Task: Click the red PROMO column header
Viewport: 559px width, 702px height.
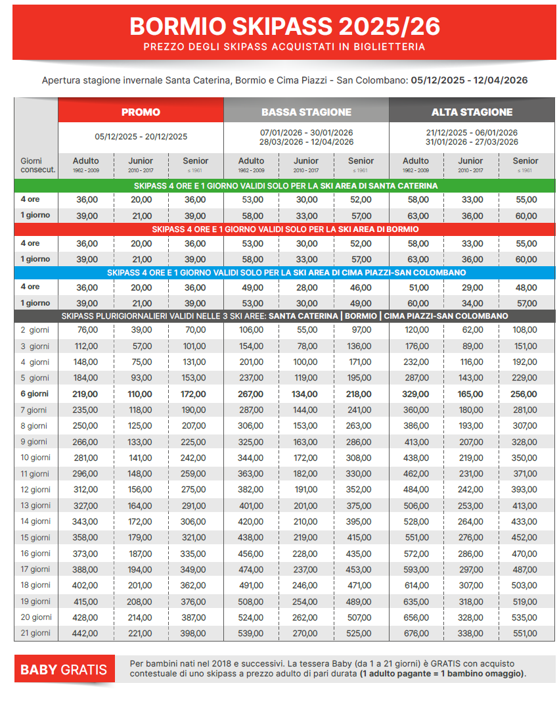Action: (141, 112)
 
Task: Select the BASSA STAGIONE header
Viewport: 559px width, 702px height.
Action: (306, 112)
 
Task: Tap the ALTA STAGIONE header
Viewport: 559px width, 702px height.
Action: (472, 112)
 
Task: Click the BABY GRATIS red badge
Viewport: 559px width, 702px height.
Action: (64, 670)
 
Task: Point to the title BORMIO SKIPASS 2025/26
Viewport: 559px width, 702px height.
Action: (284, 26)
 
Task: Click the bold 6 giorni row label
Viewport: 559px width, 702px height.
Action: (35, 394)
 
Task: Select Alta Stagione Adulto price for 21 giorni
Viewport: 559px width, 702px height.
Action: (416, 633)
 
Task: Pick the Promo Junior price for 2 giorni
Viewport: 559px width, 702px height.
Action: (142, 330)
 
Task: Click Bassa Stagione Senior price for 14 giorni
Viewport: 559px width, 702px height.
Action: (361, 521)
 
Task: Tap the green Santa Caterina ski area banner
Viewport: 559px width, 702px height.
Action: (284, 186)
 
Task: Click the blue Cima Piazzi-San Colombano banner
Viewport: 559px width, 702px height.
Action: (284, 273)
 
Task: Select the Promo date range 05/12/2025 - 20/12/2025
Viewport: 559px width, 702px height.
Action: (141, 137)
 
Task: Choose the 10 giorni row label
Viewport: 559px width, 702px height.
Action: (35, 457)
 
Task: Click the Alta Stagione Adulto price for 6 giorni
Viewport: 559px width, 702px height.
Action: (416, 394)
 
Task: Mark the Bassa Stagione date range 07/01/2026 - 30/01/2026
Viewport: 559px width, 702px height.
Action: (306, 132)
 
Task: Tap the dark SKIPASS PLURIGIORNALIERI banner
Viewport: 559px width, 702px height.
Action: (284, 316)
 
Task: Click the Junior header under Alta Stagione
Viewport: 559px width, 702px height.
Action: (470, 160)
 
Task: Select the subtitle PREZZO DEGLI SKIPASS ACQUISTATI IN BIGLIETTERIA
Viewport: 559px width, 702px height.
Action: (284, 47)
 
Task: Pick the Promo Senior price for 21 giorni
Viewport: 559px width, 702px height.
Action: (195, 633)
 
